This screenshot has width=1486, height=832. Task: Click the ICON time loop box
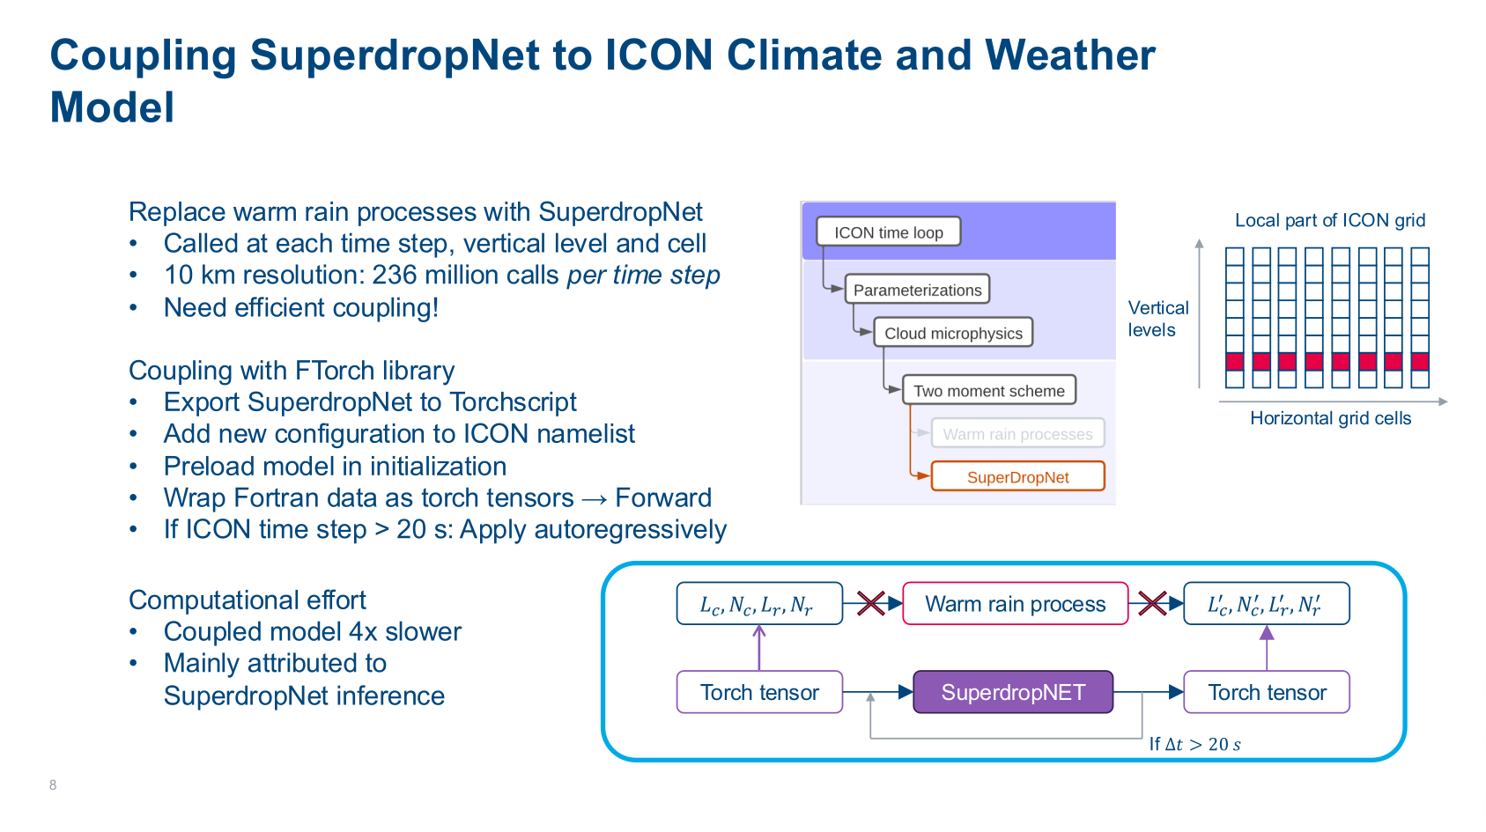[888, 232]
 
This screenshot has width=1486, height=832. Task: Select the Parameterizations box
[918, 290]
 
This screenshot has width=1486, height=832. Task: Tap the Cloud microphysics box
[953, 333]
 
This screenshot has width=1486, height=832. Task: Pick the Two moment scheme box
[989, 391]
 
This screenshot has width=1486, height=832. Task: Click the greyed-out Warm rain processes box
[1017, 433]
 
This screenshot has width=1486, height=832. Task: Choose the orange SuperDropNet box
[1017, 476]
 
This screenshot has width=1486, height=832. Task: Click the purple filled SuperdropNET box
[1013, 692]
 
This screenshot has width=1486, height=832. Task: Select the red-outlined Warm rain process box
[1015, 603]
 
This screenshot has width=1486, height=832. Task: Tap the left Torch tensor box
[759, 692]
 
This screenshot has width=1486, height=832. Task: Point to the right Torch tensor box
[1267, 692]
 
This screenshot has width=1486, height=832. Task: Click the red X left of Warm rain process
[870, 603]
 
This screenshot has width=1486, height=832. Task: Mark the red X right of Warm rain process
[1152, 603]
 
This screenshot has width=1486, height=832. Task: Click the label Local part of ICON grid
[1329, 220]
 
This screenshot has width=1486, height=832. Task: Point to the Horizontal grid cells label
[1330, 418]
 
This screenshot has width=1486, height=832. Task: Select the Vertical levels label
[1158, 319]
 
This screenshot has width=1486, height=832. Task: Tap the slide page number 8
[53, 785]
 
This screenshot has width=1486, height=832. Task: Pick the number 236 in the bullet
[394, 275]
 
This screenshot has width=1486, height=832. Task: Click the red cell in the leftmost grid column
[1235, 361]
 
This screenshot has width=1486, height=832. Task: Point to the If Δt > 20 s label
[1194, 744]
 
